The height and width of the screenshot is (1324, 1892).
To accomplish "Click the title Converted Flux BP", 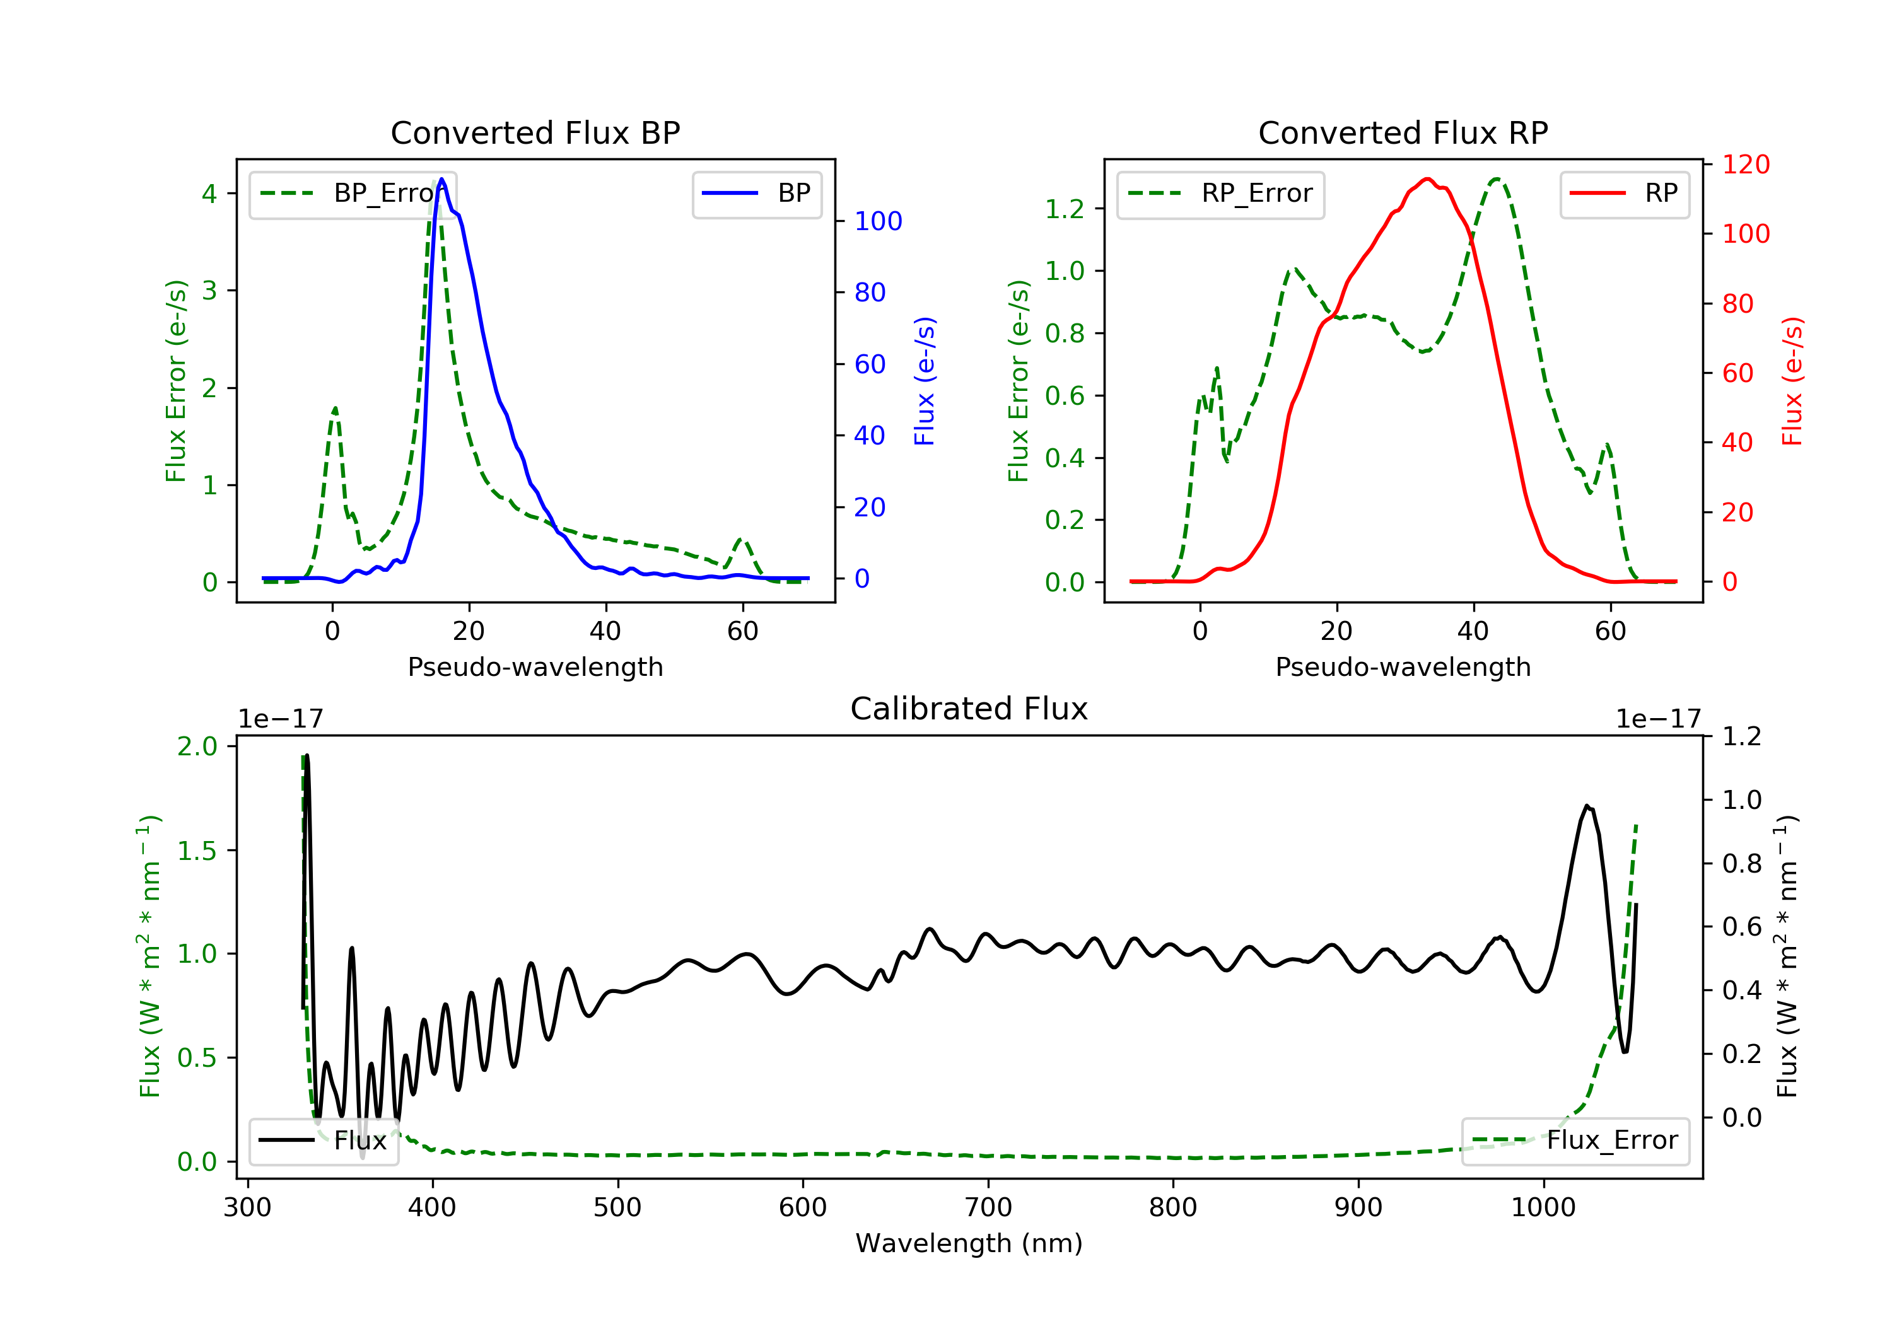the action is pyautogui.click(x=535, y=132).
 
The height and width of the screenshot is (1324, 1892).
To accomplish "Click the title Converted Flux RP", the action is pyautogui.click(x=1403, y=132).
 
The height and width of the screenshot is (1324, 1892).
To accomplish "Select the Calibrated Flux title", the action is pyautogui.click(x=969, y=709).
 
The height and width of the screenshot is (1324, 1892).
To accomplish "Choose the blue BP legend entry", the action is pyautogui.click(x=756, y=194).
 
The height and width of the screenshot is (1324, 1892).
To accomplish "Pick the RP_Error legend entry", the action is pyautogui.click(x=1220, y=194).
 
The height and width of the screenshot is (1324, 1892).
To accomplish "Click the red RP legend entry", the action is pyautogui.click(x=1624, y=194).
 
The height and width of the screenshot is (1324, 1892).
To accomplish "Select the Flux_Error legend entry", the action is pyautogui.click(x=1575, y=1141).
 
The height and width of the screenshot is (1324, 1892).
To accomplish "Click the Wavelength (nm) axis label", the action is pyautogui.click(x=969, y=1243).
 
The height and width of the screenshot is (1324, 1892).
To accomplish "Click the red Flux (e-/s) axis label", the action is pyautogui.click(x=1793, y=381).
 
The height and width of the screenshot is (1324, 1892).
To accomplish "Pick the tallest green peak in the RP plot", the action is pyautogui.click(x=1496, y=179).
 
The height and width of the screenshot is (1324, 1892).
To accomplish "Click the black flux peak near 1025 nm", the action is pyautogui.click(x=1587, y=806).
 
